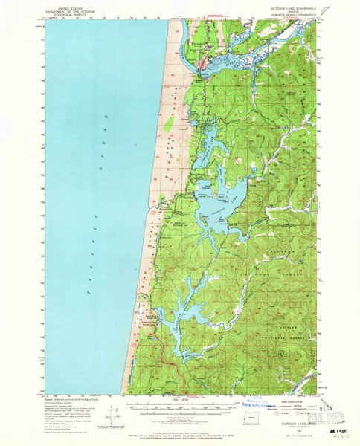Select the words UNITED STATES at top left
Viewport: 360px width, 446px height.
pos(73,5)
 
